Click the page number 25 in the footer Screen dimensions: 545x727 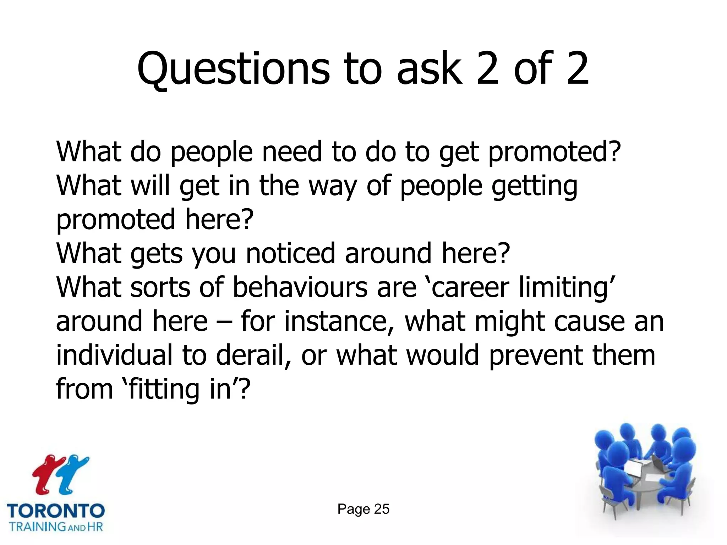click(x=382, y=509)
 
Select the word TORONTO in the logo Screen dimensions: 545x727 click(x=56, y=511)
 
